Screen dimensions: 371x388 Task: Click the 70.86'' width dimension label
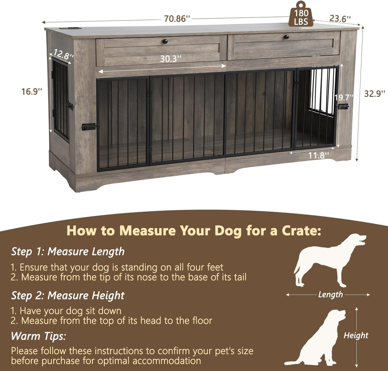click(177, 19)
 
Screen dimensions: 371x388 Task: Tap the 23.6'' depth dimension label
click(340, 19)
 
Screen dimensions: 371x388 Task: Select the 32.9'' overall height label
click(374, 94)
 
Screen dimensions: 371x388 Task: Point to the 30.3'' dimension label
click(171, 59)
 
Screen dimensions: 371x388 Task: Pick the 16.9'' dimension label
click(32, 91)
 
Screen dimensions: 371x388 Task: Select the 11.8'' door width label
click(318, 155)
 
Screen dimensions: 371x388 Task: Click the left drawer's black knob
click(165, 41)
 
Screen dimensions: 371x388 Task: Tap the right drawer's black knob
click(287, 37)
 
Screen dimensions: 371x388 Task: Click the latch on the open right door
click(342, 106)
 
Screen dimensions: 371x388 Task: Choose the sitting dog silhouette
click(317, 339)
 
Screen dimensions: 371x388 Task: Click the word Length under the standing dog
click(330, 295)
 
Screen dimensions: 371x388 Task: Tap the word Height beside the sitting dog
click(356, 335)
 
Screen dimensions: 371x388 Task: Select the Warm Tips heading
click(38, 336)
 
